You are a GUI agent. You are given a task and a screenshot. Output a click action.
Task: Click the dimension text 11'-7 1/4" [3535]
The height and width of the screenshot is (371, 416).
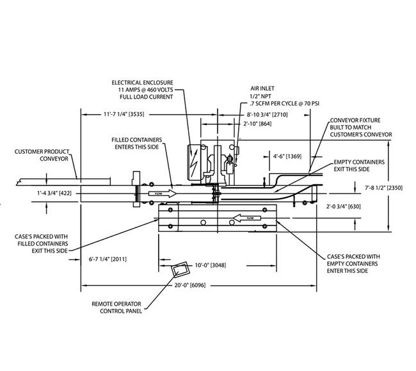[x=118, y=115]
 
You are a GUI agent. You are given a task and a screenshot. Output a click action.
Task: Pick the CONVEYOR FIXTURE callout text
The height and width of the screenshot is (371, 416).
[x=360, y=128]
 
